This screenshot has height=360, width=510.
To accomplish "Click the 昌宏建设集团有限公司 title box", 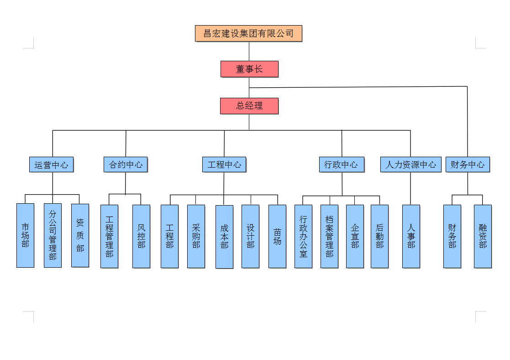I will (x=248, y=33).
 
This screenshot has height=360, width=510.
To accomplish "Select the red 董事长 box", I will (x=249, y=69).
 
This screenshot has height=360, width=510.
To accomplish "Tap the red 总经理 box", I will (x=249, y=106).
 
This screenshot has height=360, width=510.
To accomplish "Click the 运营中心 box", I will (x=51, y=164).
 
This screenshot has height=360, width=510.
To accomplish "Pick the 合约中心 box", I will (x=126, y=164).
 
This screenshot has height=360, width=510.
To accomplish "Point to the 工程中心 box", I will (x=224, y=164).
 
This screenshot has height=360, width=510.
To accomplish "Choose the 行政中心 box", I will (x=341, y=164).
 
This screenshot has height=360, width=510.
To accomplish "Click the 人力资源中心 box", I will (x=410, y=164).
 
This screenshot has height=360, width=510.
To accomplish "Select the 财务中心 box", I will (x=468, y=164).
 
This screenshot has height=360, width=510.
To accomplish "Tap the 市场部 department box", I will (x=25, y=235).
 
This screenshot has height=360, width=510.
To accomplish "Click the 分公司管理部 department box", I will (x=53, y=235).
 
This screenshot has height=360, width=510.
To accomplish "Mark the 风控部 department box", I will (x=141, y=236).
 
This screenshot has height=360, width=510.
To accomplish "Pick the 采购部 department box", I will (x=196, y=236).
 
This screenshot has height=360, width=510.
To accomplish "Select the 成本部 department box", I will (x=224, y=236).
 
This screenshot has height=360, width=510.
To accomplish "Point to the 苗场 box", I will (x=277, y=236).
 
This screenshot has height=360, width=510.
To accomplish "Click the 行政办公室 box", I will (x=303, y=236).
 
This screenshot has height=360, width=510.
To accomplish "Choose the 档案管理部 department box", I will (x=329, y=236).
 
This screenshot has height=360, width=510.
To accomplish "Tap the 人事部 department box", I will (x=411, y=236).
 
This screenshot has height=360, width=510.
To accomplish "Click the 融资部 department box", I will (x=483, y=236).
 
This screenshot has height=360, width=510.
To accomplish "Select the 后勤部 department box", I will (x=379, y=236).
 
